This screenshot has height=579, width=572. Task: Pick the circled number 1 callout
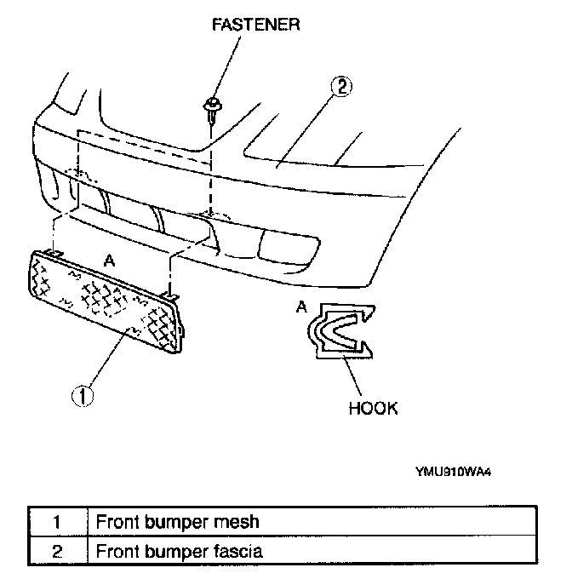[x=82, y=397]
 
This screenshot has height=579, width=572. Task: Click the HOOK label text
[x=373, y=408]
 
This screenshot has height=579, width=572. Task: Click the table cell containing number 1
[x=57, y=519]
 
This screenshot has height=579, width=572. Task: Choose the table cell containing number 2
[x=57, y=550]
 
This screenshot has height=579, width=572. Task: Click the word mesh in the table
[x=238, y=519]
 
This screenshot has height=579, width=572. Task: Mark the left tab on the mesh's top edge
[x=54, y=253]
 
